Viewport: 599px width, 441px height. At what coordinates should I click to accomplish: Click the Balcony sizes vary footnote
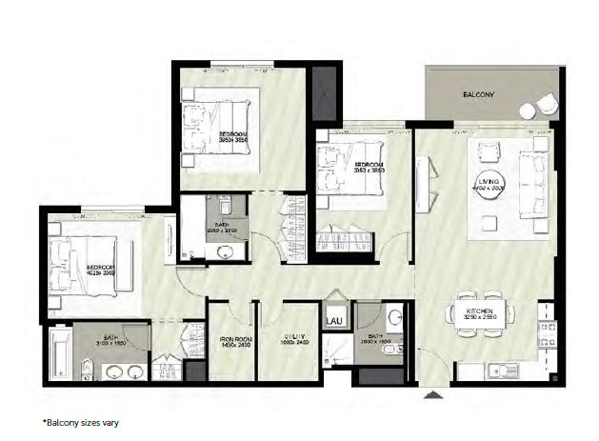coord(80,420)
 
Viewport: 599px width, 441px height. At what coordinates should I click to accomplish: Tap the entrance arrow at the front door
coord(434,392)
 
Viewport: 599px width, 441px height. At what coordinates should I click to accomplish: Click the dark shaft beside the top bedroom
coord(326,90)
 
